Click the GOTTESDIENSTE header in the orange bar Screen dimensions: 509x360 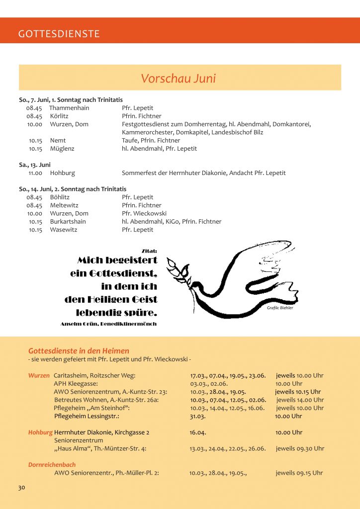tap(59, 34)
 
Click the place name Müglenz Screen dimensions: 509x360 tap(62, 149)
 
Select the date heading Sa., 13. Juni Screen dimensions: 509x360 tap(35, 165)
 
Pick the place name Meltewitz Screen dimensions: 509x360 tap(64, 205)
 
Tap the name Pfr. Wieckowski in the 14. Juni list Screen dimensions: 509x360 tap(144, 214)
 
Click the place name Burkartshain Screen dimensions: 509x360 tap(68, 222)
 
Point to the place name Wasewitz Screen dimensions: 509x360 tap(64, 230)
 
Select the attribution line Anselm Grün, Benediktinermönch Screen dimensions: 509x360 tap(108, 324)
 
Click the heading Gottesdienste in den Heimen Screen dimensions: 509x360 tap(79, 351)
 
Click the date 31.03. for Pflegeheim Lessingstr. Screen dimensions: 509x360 tap(198, 416)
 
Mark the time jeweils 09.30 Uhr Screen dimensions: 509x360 tap(300, 448)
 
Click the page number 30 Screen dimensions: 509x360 tap(21, 488)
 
